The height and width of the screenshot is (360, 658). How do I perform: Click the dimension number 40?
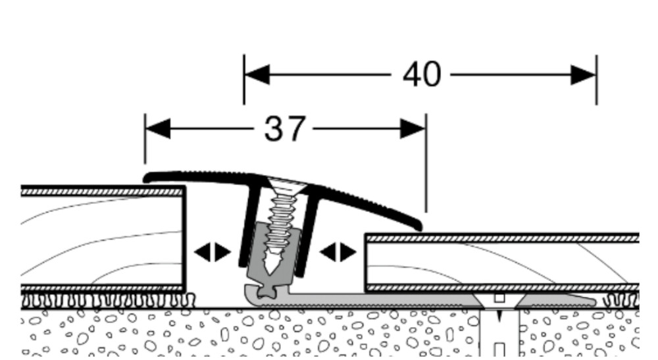(422, 75)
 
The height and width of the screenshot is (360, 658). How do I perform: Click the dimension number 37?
(284, 129)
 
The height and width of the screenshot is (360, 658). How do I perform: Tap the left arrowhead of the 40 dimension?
(257, 75)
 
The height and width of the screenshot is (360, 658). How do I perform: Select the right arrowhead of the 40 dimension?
(584, 75)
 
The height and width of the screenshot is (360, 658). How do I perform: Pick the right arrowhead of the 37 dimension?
(413, 129)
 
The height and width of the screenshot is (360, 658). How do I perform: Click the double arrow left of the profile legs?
(213, 252)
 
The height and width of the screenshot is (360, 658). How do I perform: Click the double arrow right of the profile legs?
(338, 252)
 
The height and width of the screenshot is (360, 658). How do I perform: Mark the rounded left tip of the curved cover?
(149, 177)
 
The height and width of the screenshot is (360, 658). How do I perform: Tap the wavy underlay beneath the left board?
(99, 301)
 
